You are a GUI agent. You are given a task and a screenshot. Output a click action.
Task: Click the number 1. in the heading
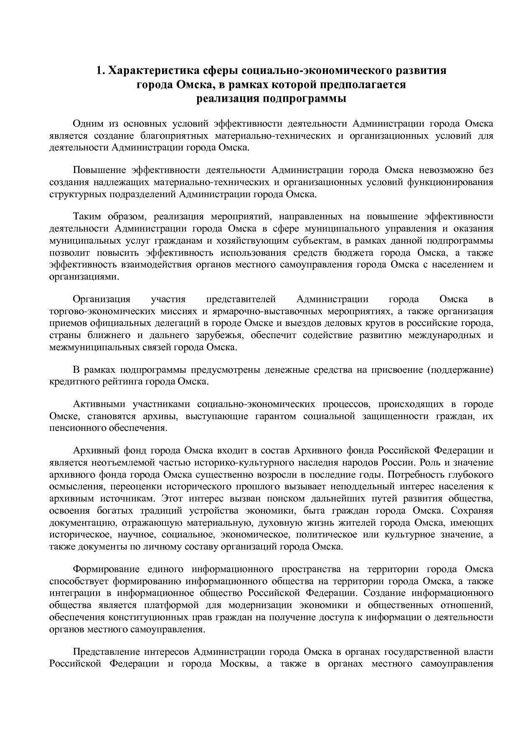point(101,71)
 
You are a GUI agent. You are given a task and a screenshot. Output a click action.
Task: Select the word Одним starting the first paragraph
point(88,124)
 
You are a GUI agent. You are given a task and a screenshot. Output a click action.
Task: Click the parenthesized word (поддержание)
point(460,370)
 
